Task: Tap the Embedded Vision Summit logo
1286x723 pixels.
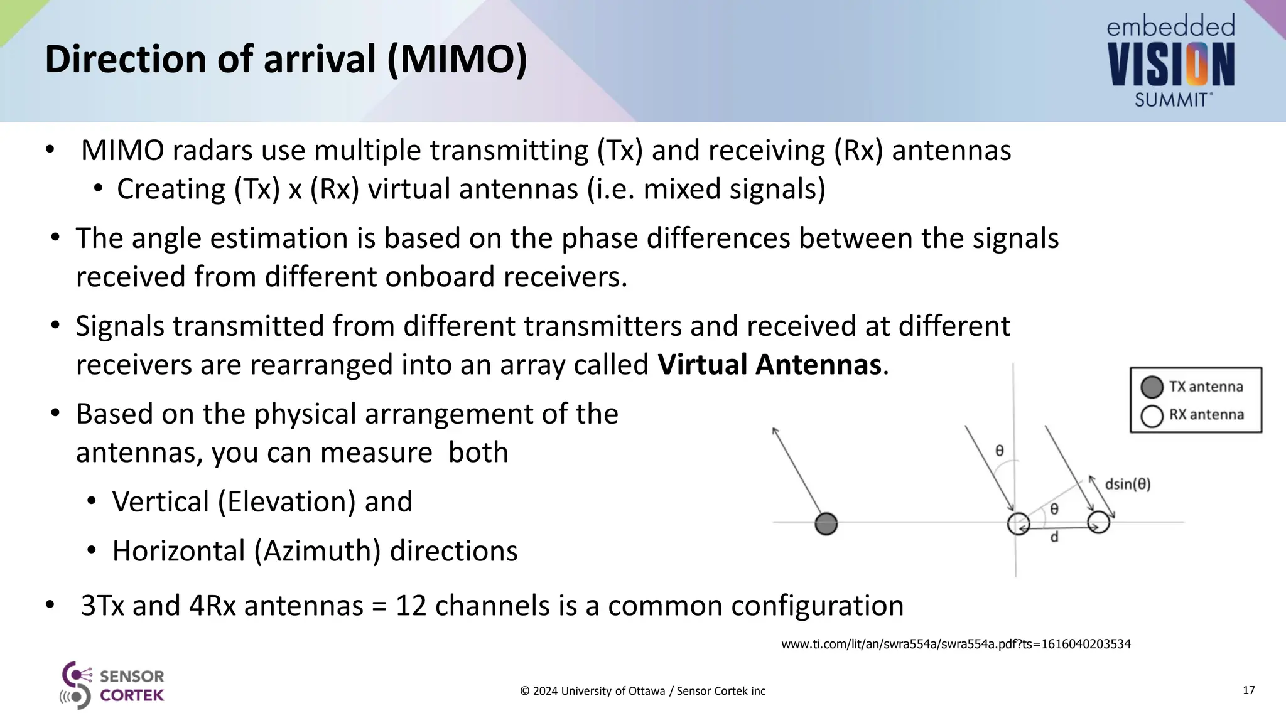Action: [1170, 62]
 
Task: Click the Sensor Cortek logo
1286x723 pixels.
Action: [113, 685]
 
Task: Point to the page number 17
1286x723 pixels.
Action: [1248, 690]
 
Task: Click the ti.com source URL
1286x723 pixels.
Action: [956, 644]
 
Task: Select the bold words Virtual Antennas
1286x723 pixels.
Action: [769, 365]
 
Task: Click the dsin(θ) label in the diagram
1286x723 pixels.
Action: [1128, 484]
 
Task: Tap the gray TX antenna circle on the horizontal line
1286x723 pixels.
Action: [826, 523]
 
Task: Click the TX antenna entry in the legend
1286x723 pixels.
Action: [1193, 387]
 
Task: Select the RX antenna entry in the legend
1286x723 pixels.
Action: [1193, 415]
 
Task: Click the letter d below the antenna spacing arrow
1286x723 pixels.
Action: [1054, 537]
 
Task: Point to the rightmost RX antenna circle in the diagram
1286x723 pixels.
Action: [1098, 522]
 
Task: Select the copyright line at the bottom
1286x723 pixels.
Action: [642, 691]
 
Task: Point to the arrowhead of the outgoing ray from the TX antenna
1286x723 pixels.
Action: [775, 431]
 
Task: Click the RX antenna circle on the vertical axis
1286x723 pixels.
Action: [1018, 523]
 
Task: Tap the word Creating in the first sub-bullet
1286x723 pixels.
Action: [171, 189]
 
